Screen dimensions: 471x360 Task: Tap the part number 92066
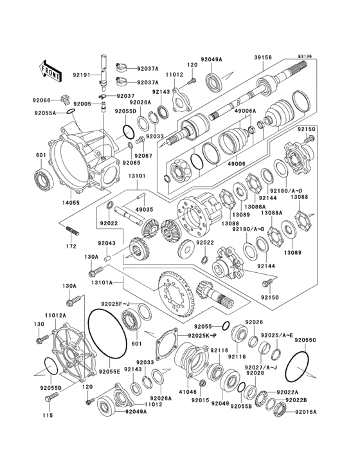point(42,100)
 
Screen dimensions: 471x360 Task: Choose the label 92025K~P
point(203,336)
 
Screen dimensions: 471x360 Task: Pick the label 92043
point(106,244)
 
